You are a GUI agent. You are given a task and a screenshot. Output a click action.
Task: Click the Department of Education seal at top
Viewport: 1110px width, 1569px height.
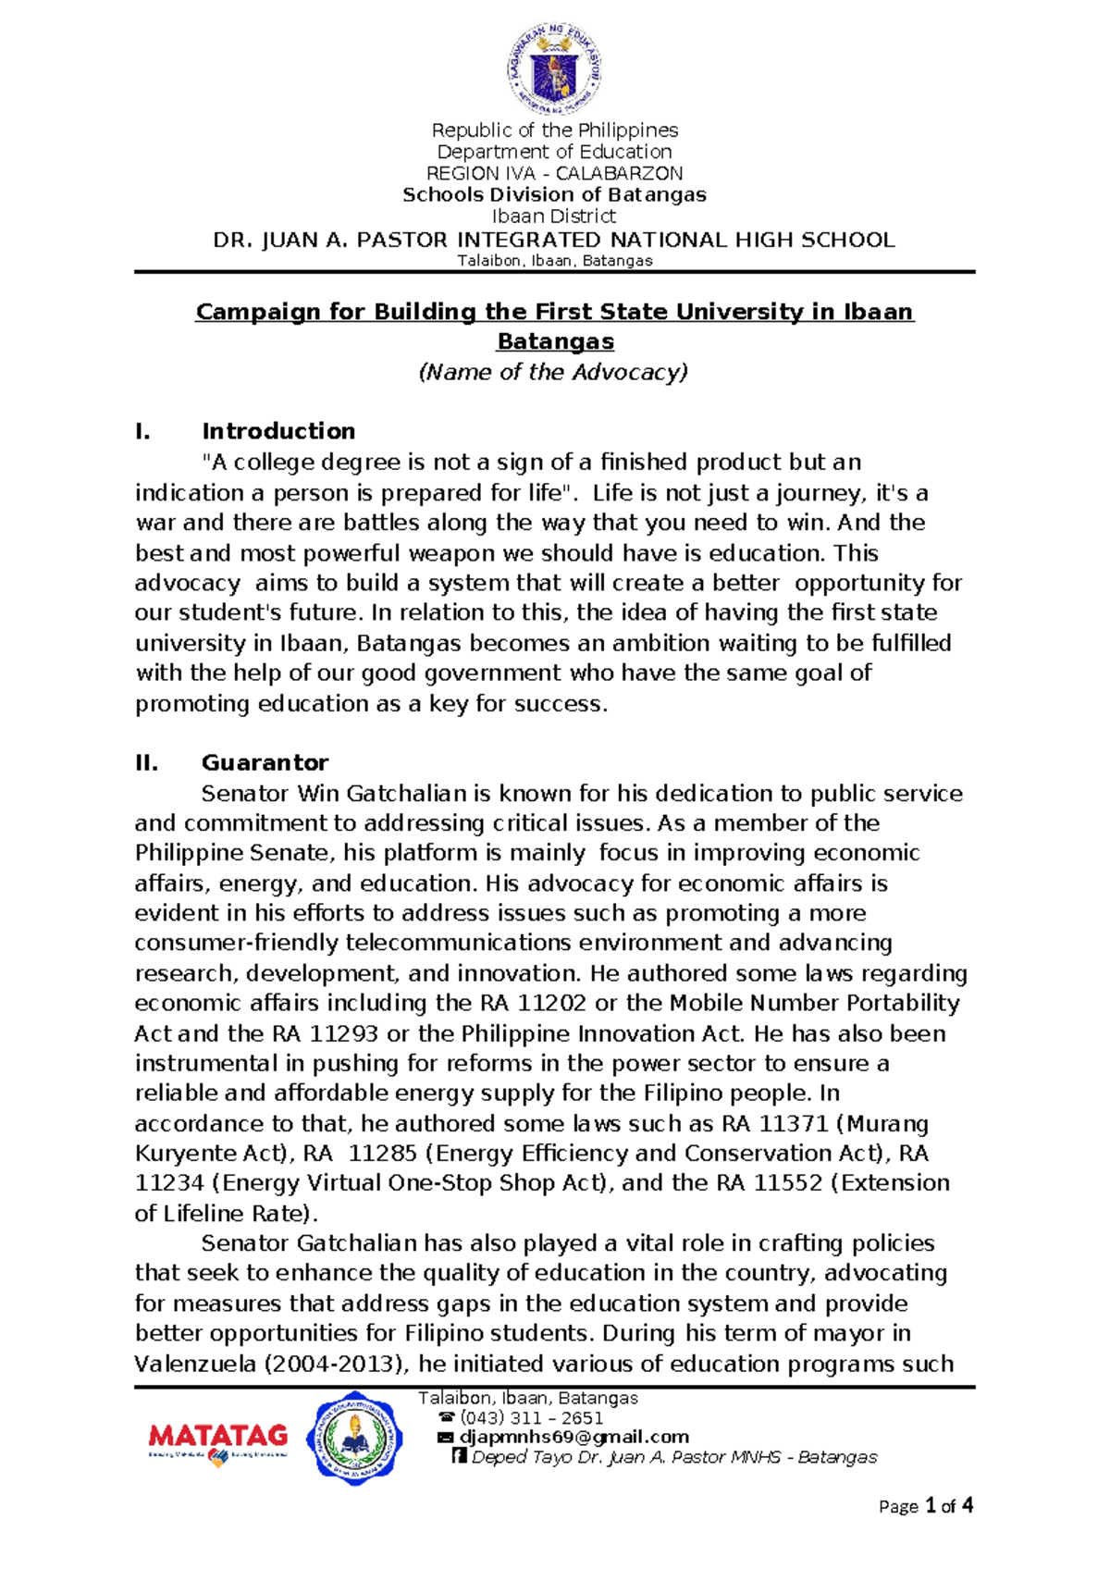554,71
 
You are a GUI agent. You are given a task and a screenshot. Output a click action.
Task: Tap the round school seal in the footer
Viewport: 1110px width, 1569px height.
354,1440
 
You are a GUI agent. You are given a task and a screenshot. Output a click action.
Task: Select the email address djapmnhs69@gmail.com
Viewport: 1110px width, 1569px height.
574,1437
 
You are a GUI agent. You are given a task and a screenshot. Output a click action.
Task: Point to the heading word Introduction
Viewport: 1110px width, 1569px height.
278,431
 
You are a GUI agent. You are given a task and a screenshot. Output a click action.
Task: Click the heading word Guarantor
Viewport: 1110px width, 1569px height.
265,762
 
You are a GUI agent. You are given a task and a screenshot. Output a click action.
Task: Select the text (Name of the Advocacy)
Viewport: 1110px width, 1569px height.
554,372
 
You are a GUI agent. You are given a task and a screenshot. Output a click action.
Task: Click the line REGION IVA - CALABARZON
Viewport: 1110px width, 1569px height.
554,173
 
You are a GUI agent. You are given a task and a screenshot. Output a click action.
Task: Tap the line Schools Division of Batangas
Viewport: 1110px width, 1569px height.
554,194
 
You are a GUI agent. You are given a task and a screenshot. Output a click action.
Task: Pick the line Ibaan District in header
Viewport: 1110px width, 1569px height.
554,216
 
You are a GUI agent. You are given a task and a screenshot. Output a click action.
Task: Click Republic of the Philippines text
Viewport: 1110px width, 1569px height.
555,130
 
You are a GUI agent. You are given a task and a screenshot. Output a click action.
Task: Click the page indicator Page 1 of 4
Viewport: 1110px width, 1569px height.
925,1506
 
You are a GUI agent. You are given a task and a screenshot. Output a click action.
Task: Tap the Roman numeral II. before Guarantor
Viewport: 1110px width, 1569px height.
146,762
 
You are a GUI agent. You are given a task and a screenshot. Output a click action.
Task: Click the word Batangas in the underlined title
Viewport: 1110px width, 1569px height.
555,341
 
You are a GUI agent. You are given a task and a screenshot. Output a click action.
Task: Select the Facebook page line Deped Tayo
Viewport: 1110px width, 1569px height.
673,1457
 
